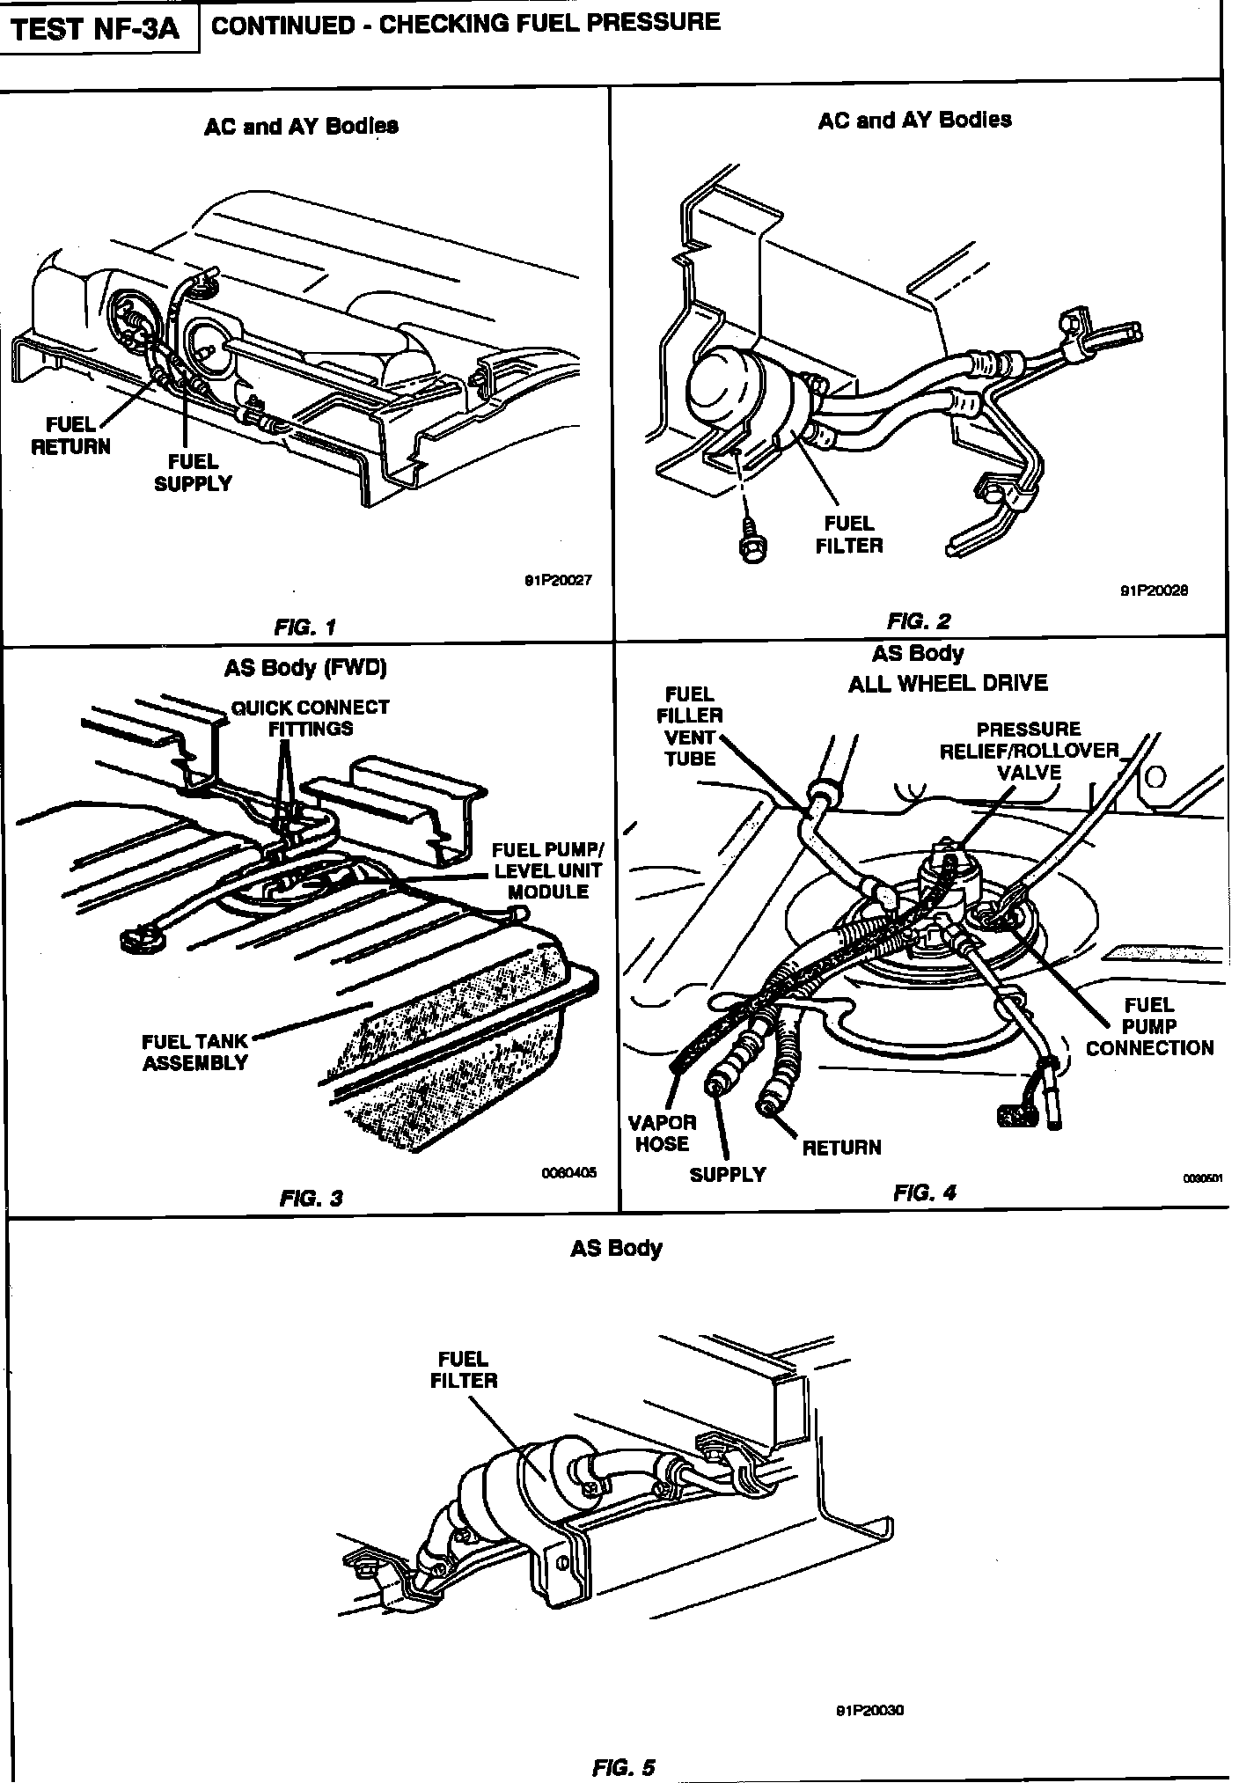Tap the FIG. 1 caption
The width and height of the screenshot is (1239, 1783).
[304, 627]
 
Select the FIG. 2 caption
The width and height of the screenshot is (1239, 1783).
[919, 621]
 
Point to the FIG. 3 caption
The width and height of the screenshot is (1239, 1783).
[311, 1198]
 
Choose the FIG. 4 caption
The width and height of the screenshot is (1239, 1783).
[924, 1192]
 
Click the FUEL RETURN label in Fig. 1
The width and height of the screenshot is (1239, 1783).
[71, 436]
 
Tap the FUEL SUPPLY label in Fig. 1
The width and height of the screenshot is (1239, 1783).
[193, 472]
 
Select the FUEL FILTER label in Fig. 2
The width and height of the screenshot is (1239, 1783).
[848, 534]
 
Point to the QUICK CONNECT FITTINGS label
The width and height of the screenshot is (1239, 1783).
[310, 717]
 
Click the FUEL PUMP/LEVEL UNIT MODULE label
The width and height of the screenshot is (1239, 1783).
[547, 870]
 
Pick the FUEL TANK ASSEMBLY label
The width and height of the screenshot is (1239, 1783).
[194, 1052]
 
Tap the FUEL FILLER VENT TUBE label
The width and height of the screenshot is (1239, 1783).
[690, 726]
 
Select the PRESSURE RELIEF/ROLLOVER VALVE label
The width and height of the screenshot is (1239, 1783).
[1029, 751]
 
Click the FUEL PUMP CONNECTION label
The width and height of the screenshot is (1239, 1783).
[1149, 1026]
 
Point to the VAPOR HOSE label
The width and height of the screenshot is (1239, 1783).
[662, 1133]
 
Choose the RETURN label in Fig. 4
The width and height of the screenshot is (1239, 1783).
[841, 1148]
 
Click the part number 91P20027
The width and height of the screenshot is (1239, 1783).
[558, 581]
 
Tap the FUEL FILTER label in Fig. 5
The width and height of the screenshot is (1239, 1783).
[463, 1369]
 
